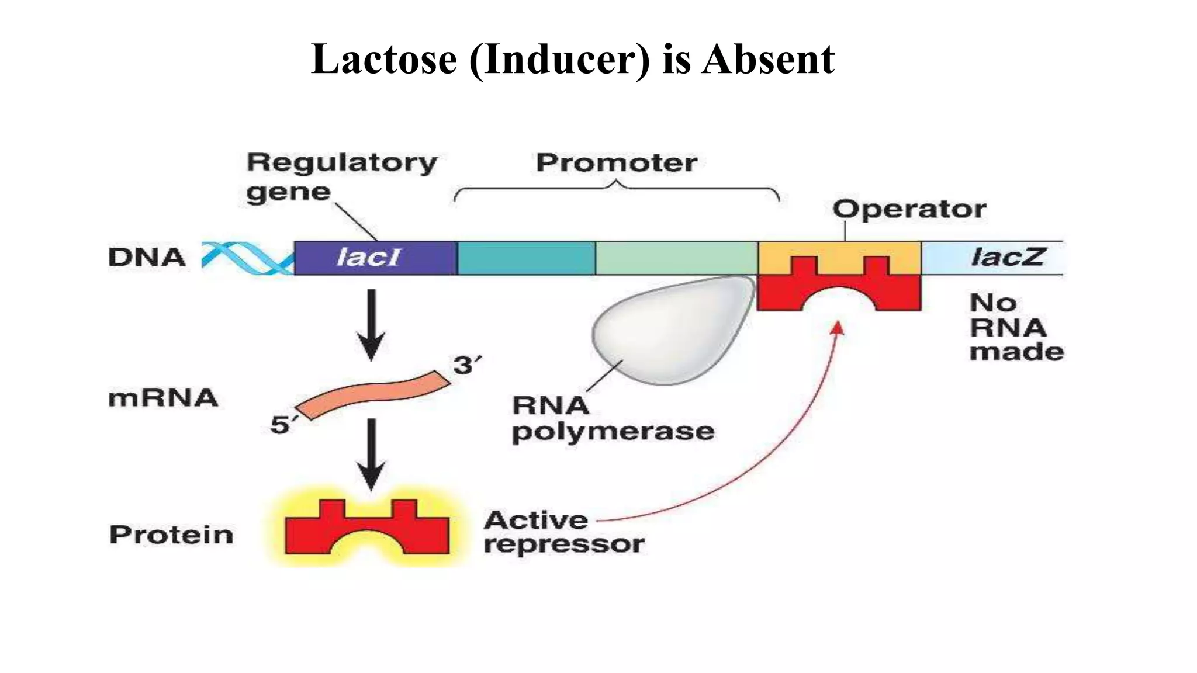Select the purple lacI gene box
pyautogui.click(x=375, y=258)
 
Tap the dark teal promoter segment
pyautogui.click(x=525, y=258)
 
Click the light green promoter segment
pyautogui.click(x=676, y=258)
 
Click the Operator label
pyautogui.click(x=909, y=209)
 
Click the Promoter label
pyautogui.click(x=616, y=162)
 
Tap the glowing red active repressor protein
pyautogui.click(x=367, y=529)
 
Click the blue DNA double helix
pyautogui.click(x=247, y=258)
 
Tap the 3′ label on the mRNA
pyautogui.click(x=467, y=366)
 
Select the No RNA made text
pyautogui.click(x=1015, y=327)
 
